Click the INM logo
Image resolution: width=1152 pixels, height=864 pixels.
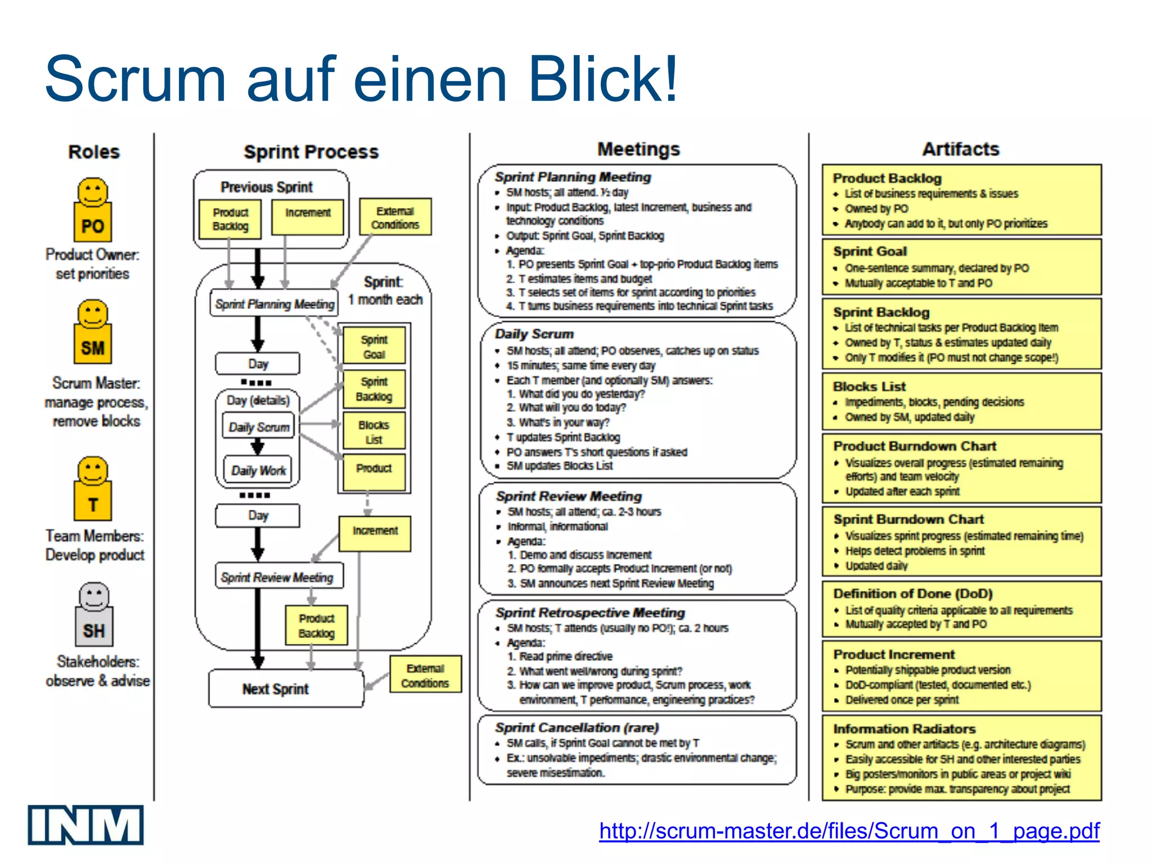click(x=85, y=825)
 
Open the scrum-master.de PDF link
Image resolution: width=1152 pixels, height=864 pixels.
click(x=849, y=831)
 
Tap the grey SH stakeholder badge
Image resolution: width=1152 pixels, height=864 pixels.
click(x=94, y=630)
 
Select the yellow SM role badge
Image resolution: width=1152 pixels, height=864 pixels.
click(x=93, y=347)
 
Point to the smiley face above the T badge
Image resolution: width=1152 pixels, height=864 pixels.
click(x=93, y=471)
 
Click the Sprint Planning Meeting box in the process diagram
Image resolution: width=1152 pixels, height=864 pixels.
click(x=274, y=304)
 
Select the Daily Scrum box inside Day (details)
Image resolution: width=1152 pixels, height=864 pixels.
click(x=259, y=427)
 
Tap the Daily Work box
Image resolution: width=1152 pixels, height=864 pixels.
click(x=259, y=470)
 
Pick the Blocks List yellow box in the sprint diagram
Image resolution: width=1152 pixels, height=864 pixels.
click(x=373, y=432)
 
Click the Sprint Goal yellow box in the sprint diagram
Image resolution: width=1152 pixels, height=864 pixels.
click(x=373, y=346)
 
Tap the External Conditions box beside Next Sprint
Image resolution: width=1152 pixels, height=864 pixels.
click(x=425, y=675)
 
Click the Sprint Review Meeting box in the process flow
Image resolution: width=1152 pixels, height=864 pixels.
click(x=278, y=577)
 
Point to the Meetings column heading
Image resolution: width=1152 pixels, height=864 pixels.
click(x=638, y=149)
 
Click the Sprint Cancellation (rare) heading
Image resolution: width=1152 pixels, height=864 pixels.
click(x=577, y=727)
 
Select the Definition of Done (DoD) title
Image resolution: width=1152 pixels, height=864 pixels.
click(x=912, y=594)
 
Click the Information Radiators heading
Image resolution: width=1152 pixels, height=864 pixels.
click(x=904, y=729)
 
